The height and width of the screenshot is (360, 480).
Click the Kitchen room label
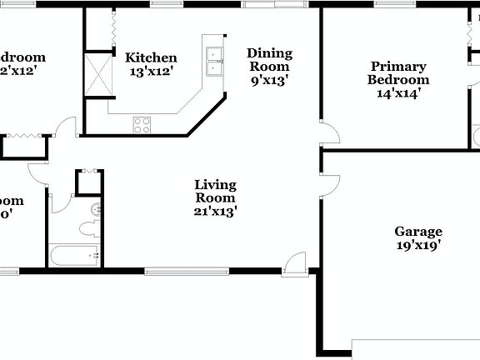tap(151, 57)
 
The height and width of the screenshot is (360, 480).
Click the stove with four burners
tap(142, 125)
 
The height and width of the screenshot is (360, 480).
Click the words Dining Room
tap(268, 59)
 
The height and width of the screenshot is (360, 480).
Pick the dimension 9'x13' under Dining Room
tap(268, 80)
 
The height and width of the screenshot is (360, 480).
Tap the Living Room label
tap(215, 191)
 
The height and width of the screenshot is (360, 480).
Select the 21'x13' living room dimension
tap(215, 212)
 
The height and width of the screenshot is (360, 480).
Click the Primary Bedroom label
tap(398, 73)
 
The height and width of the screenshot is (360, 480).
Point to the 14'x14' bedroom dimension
tap(398, 93)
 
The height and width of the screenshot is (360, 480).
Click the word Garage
tap(418, 232)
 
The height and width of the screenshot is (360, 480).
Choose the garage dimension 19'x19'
tap(418, 245)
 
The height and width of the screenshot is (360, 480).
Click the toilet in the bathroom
tap(87, 228)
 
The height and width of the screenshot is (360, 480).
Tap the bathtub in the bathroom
tap(74, 256)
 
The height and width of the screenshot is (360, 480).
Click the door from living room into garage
tap(330, 186)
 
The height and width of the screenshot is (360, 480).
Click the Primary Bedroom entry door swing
tap(330, 136)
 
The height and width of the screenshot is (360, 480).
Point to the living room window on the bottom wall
tap(186, 270)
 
